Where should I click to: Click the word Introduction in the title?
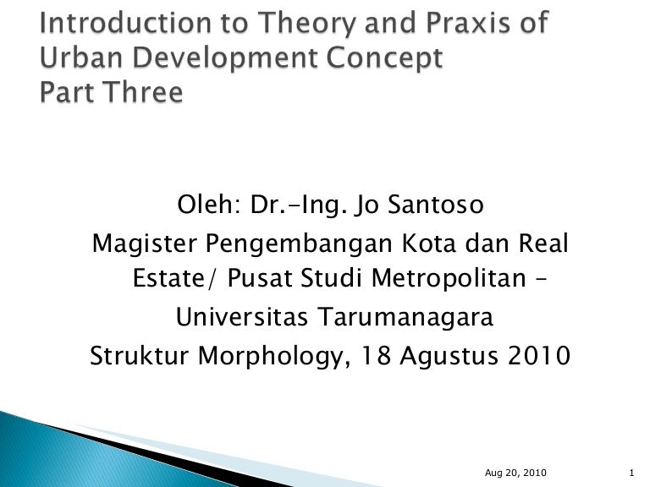click(x=114, y=23)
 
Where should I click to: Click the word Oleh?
click(x=201, y=205)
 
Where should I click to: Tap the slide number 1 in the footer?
click(x=633, y=472)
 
